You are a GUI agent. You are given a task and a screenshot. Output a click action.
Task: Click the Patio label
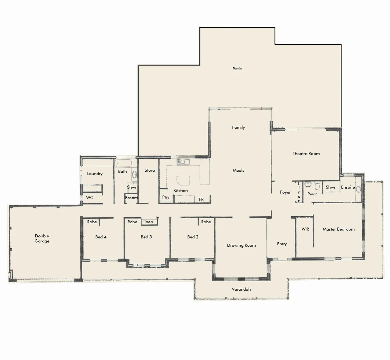point(237,69)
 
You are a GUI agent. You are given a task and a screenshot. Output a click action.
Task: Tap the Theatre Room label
point(306,154)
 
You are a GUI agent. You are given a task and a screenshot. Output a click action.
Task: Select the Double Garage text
point(42,239)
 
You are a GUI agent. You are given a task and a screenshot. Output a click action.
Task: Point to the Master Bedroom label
point(338,229)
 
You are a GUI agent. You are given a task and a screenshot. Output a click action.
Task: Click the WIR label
point(305,229)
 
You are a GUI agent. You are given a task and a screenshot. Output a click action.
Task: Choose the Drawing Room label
point(241,245)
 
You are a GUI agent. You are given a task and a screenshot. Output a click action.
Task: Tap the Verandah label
point(241,289)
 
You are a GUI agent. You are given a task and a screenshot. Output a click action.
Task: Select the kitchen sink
point(183,162)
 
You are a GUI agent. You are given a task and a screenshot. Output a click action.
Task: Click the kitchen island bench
point(184,180)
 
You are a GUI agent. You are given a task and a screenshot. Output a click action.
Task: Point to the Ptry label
point(166,197)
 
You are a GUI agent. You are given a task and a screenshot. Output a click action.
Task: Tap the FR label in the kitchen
point(201,199)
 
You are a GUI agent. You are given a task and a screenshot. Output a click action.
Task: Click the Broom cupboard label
point(131,198)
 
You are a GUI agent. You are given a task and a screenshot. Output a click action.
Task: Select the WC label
point(90,198)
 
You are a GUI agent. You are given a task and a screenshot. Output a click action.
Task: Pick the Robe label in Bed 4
point(92,222)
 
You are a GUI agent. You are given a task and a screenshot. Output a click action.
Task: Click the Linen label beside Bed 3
point(148,222)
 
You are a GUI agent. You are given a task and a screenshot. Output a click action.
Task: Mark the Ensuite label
point(348,187)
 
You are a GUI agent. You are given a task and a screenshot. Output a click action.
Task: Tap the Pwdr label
point(312,194)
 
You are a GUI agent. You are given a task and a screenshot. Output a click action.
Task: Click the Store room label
point(150,170)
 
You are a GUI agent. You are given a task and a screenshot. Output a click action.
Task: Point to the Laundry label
point(95,174)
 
